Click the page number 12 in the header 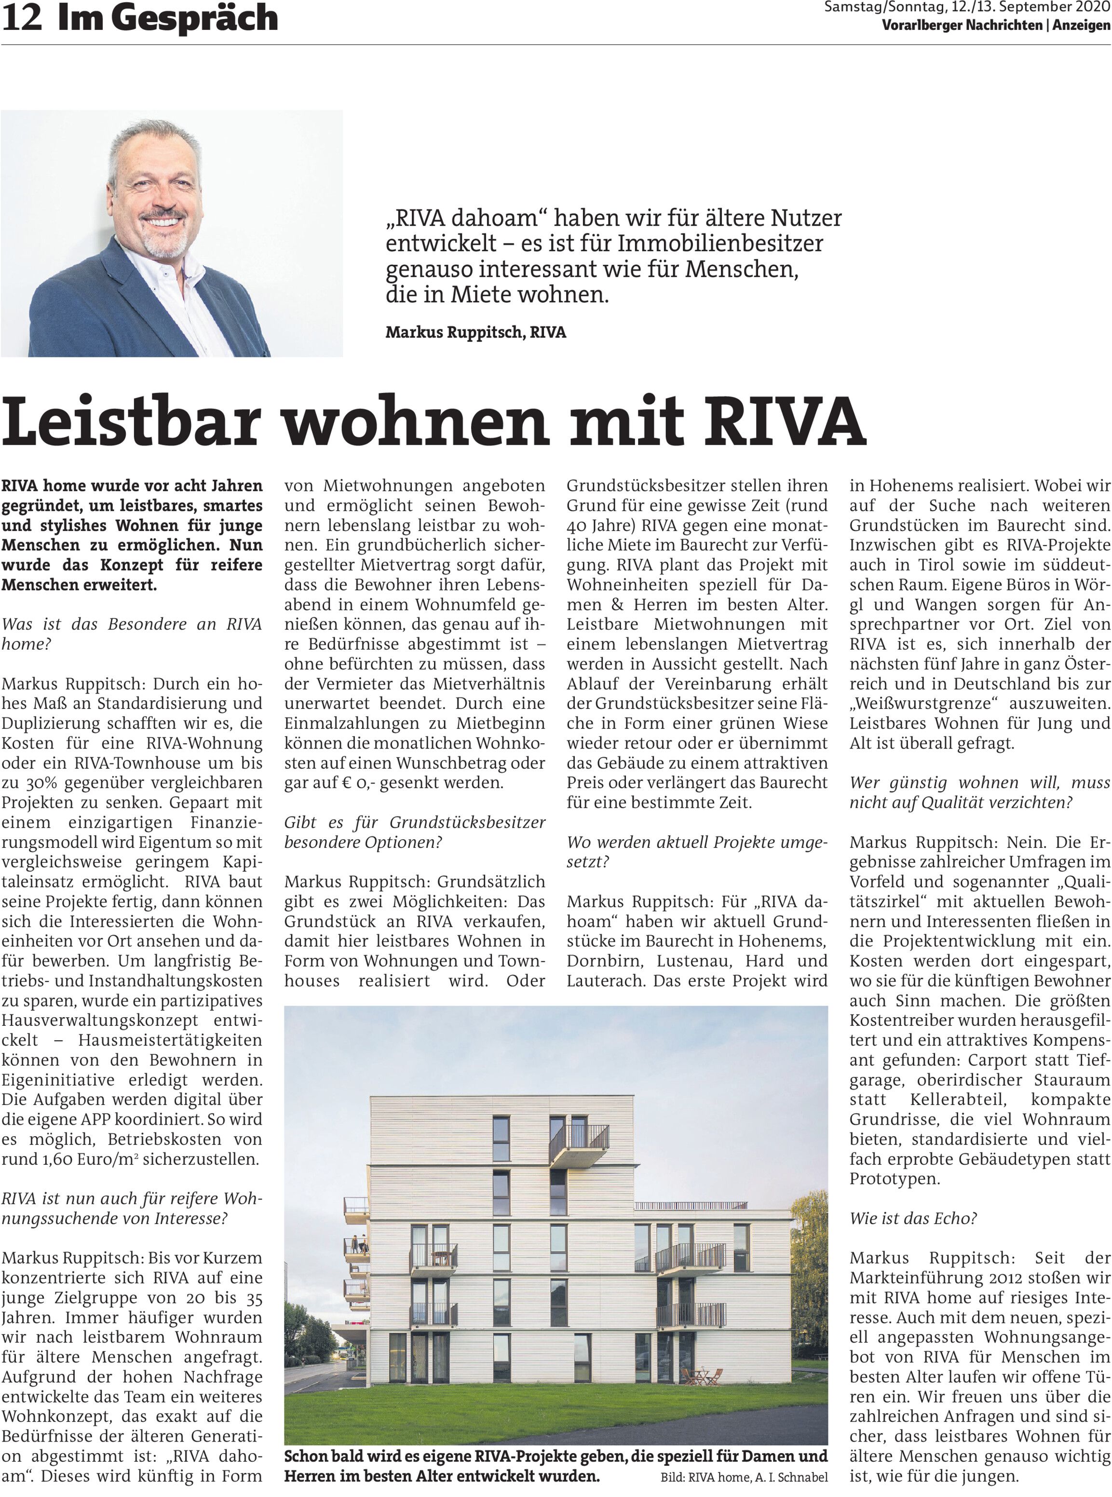22,18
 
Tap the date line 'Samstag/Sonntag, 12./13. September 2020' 966,8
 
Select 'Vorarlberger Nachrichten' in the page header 961,26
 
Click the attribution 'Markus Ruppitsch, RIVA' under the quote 475,332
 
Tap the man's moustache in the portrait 163,216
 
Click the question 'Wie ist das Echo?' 913,1218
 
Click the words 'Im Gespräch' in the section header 167,18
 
